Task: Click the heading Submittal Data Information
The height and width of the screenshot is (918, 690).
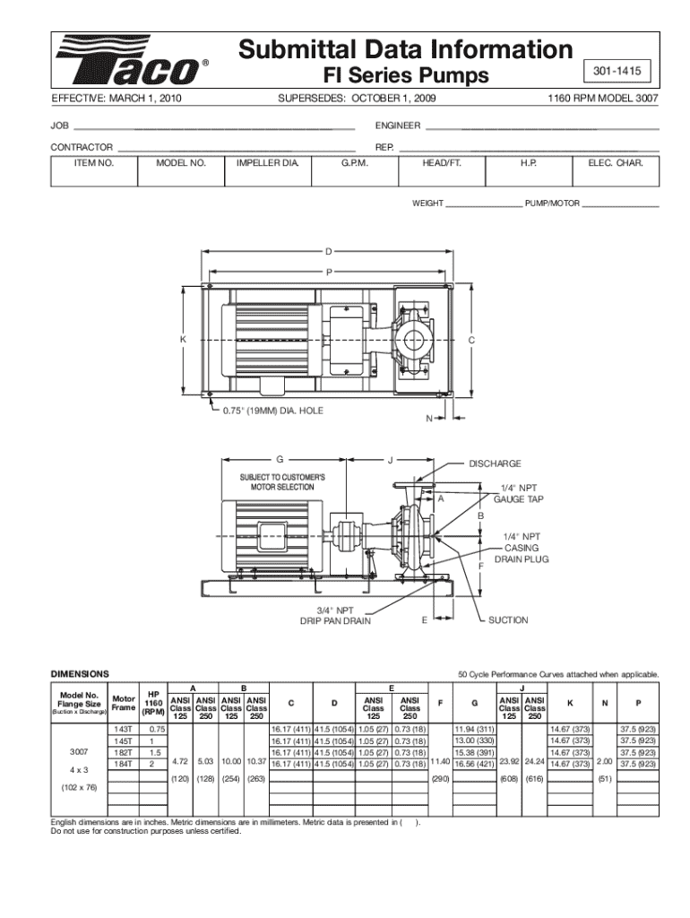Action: point(405,48)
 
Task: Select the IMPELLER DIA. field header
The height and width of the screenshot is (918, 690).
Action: point(267,164)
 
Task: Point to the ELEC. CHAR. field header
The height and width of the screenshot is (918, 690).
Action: point(616,164)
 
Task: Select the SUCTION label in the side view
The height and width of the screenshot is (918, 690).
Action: point(508,619)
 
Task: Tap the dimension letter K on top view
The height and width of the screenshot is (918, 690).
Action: point(182,341)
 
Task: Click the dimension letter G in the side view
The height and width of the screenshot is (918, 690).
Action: point(280,460)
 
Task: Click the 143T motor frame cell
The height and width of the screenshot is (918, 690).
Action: point(124,730)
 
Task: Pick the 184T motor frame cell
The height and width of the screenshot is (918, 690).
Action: point(124,765)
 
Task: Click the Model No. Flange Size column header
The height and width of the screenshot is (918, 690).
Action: point(79,701)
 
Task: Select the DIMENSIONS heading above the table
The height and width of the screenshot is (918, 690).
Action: point(81,672)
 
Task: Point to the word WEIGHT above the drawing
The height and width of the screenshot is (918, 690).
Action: point(427,204)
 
